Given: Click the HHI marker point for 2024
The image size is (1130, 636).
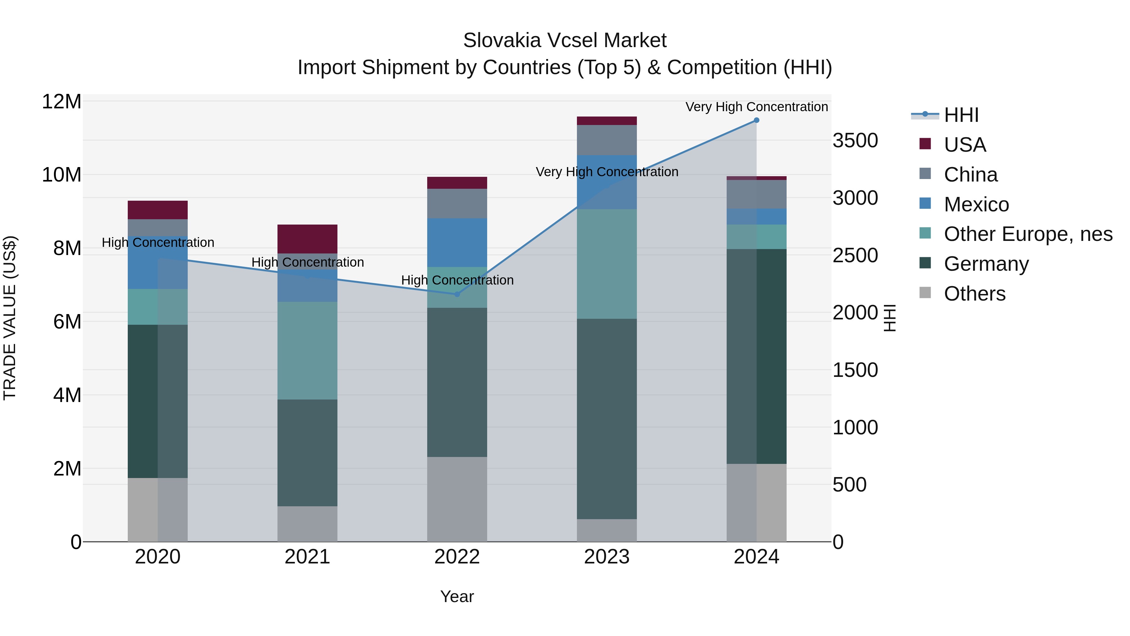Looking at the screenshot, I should [x=756, y=120].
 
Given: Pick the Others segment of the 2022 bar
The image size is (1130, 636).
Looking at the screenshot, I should [x=457, y=499].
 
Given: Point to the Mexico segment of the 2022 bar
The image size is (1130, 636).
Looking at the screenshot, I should [x=457, y=242].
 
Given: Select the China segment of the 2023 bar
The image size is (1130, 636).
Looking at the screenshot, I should [x=607, y=140].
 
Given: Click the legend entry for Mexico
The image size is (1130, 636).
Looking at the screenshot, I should [x=976, y=204].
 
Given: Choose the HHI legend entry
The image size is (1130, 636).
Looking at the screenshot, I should [x=961, y=115].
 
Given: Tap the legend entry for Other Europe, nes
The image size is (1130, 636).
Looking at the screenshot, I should [x=1028, y=234].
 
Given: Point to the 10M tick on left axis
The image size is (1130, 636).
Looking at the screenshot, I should [x=62, y=175].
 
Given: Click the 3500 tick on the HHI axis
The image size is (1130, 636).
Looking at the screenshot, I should [x=855, y=141].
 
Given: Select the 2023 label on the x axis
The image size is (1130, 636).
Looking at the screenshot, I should [x=607, y=557].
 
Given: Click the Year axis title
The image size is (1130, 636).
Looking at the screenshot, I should [x=457, y=596].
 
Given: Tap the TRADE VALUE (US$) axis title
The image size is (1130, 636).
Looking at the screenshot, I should [x=10, y=318].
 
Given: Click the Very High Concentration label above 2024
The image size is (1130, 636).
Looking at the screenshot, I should [x=756, y=107].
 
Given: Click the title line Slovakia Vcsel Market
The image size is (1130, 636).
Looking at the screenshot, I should [x=565, y=41].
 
